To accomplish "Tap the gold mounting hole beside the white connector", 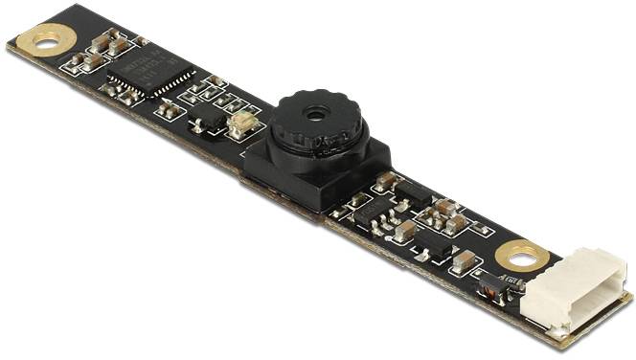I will [x=522, y=254].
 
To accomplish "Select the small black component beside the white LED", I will [x=204, y=123].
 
